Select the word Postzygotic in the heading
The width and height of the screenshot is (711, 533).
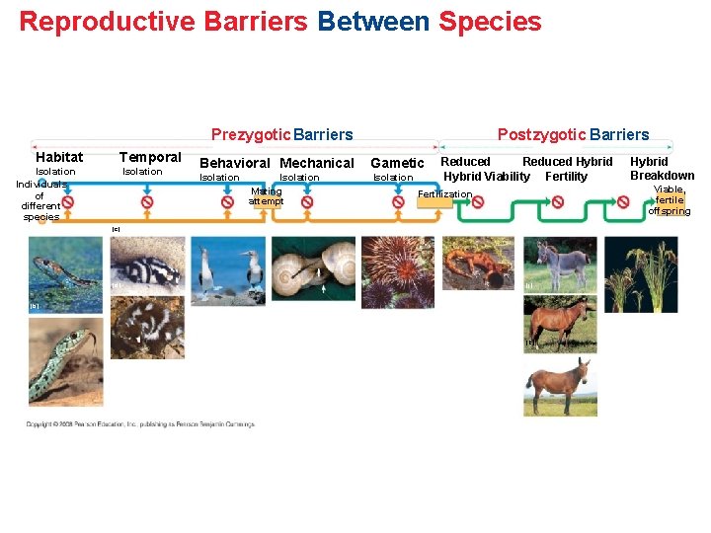541,134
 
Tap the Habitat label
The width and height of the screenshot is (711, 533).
59,157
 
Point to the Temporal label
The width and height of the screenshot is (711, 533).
150,157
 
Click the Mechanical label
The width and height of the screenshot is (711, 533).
317,163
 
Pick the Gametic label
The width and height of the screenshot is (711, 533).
397,163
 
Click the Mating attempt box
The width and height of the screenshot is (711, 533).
266,196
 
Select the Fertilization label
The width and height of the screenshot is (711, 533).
445,194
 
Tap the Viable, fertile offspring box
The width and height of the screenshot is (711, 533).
670,200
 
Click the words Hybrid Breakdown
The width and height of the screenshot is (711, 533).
662,169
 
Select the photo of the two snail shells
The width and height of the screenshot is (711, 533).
314,268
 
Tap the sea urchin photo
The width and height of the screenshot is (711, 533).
397,271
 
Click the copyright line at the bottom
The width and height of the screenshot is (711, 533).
140,424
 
